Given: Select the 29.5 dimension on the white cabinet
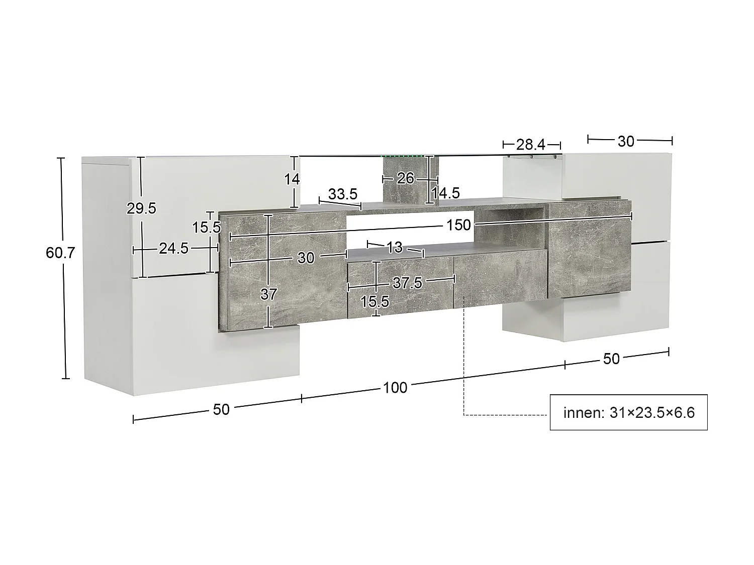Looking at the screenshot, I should pyautogui.click(x=141, y=208).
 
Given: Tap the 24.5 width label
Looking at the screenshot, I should pyautogui.click(x=173, y=248).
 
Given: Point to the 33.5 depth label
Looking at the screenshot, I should pyautogui.click(x=343, y=194).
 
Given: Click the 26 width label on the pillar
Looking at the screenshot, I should pyautogui.click(x=405, y=178).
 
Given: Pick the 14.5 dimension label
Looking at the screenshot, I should pyautogui.click(x=446, y=193).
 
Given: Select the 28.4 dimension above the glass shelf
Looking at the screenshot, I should pyautogui.click(x=531, y=145).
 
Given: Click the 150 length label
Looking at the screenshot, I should pyautogui.click(x=458, y=225).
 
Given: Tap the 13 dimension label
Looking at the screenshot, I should pyautogui.click(x=395, y=247).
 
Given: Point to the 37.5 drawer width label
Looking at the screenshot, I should pyautogui.click(x=407, y=283).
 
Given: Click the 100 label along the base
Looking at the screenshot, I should pyautogui.click(x=395, y=388).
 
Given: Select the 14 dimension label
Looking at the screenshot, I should pyautogui.click(x=292, y=179).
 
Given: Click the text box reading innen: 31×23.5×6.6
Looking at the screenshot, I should pyautogui.click(x=628, y=412).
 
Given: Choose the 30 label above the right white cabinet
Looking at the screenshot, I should pyautogui.click(x=626, y=142).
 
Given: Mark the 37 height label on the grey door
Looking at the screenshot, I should pyautogui.click(x=268, y=294).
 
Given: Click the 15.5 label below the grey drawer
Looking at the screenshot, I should pyautogui.click(x=374, y=301).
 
